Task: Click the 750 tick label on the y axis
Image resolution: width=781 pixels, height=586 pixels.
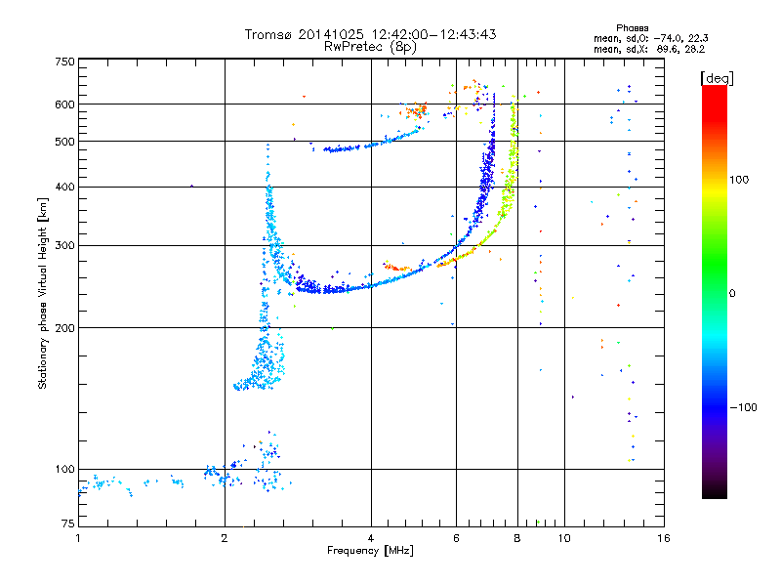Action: point(65,61)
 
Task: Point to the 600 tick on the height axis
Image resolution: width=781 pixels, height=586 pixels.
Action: point(65,104)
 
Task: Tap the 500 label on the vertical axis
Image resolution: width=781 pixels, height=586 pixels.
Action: point(65,141)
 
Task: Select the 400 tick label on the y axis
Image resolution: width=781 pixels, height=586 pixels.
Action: point(65,187)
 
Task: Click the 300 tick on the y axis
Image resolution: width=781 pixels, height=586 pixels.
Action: point(65,245)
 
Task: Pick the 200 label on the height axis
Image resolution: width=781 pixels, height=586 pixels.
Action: point(65,327)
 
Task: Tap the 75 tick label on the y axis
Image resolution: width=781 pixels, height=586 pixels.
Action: point(68,525)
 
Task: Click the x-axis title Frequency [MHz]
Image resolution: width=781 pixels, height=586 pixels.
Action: point(371,552)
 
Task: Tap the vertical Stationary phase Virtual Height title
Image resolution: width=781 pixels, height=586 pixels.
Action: point(43,293)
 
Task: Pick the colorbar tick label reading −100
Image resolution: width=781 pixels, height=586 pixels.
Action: point(744,407)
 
